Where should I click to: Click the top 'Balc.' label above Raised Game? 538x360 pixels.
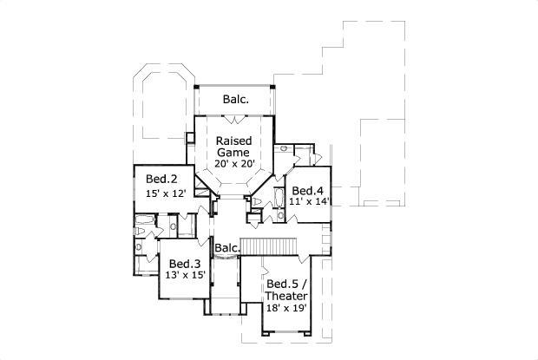click(236, 99)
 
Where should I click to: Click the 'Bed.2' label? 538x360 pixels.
click(162, 179)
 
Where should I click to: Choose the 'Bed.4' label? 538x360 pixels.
click(308, 190)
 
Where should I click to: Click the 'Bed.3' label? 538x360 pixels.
click(185, 264)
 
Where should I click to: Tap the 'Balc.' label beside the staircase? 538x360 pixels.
click(227, 247)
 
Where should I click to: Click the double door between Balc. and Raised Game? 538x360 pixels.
click(235, 115)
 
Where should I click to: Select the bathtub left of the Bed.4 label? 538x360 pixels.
click(279, 206)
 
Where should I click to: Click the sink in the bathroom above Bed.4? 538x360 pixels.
click(285, 149)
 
